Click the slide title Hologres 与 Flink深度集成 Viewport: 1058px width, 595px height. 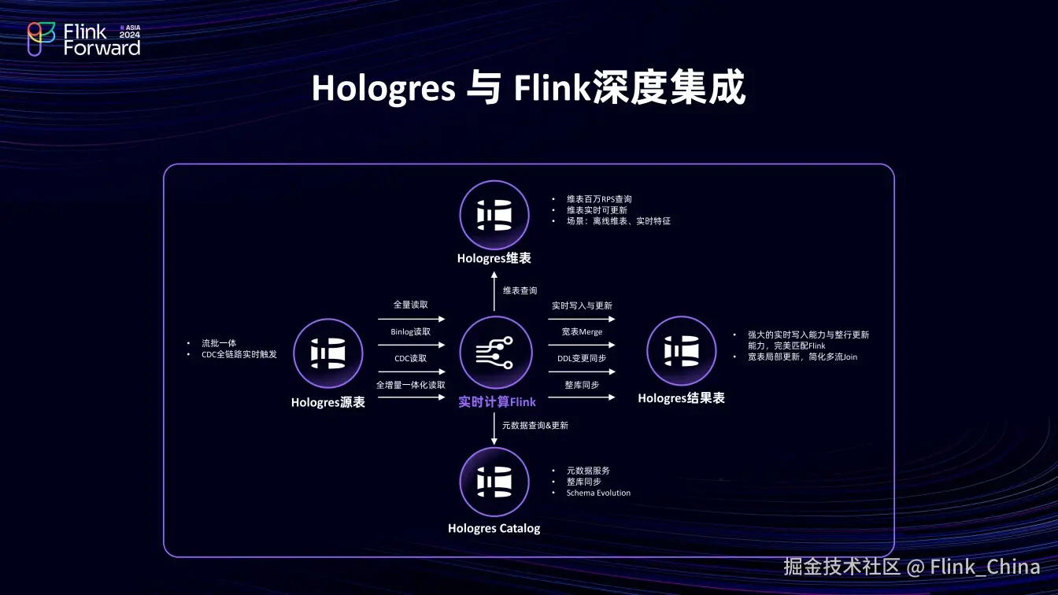(x=528, y=89)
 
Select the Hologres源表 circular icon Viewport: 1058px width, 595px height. (x=328, y=353)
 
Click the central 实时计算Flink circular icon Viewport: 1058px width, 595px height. (x=494, y=353)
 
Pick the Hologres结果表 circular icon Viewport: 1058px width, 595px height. (x=681, y=351)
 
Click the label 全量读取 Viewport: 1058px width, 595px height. (x=411, y=305)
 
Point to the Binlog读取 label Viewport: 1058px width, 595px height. (x=411, y=331)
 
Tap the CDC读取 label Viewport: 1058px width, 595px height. (x=411, y=358)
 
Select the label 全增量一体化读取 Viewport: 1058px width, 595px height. (x=411, y=385)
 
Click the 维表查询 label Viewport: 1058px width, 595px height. (x=520, y=290)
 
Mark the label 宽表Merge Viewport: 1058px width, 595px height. (x=582, y=331)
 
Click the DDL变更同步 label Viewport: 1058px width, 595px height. (x=582, y=358)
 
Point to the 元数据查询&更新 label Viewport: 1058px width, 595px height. (x=535, y=425)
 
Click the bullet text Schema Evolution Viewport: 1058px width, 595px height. (x=598, y=493)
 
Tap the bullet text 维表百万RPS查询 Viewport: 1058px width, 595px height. (x=599, y=199)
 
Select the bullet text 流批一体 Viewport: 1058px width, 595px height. (x=219, y=343)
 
